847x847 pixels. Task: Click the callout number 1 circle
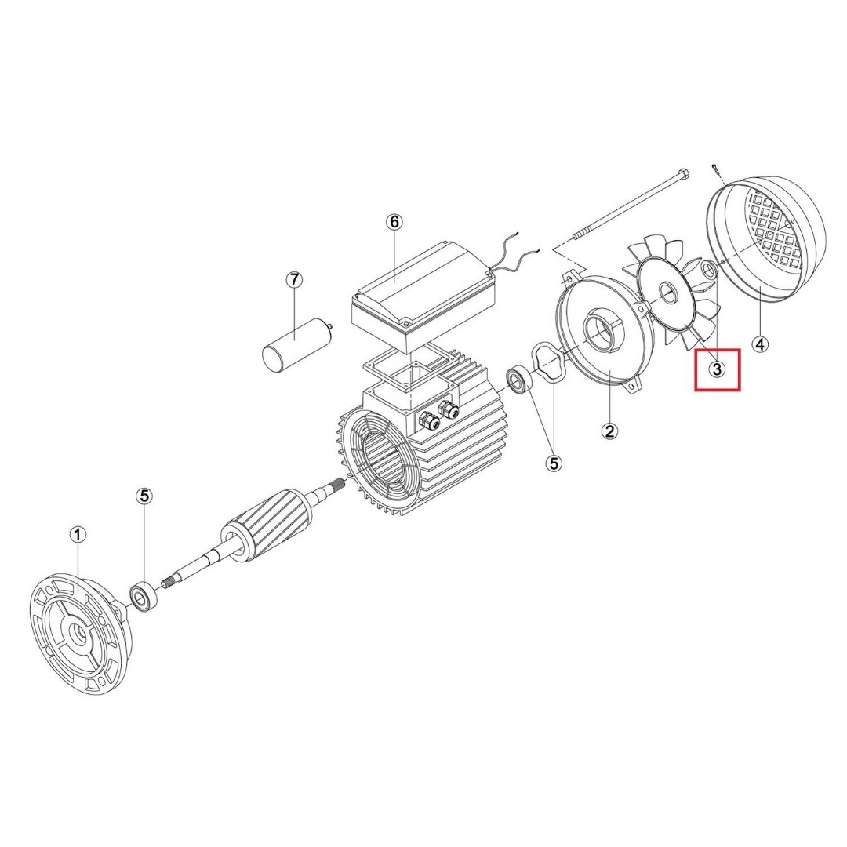tap(78, 536)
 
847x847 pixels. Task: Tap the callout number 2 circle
tap(610, 431)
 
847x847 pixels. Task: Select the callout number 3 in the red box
tap(717, 370)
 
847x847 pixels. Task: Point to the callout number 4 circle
tap(760, 344)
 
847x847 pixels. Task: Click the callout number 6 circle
tap(394, 221)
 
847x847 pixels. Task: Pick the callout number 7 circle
tap(294, 280)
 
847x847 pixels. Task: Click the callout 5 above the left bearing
tap(144, 496)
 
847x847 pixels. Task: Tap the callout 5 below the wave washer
tap(554, 463)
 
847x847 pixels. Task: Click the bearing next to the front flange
tap(144, 596)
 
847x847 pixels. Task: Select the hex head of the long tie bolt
tap(684, 174)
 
